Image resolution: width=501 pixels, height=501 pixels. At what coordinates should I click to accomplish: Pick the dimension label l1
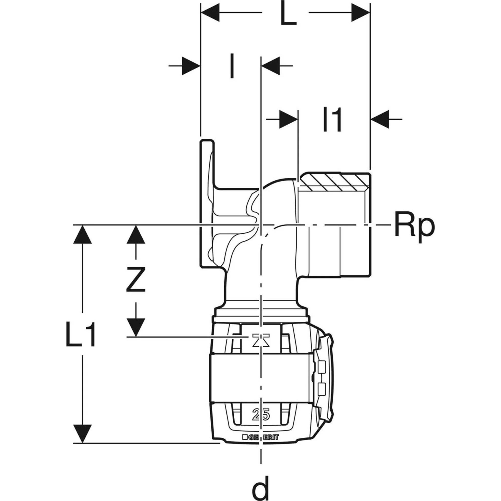[x=332, y=120]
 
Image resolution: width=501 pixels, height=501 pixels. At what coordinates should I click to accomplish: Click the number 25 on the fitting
[x=261, y=415]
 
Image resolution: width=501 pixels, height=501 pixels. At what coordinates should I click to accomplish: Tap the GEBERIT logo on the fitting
[x=260, y=438]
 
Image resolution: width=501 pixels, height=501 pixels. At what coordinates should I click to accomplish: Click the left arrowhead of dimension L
[x=210, y=13]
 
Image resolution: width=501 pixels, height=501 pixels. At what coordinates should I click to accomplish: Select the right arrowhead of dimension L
[x=360, y=13]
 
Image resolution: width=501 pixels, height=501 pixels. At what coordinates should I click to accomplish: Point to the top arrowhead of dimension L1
[x=82, y=235]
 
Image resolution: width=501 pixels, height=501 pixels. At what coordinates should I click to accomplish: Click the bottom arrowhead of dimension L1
[x=82, y=433]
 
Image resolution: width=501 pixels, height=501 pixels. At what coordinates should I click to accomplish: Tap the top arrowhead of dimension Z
[x=136, y=235]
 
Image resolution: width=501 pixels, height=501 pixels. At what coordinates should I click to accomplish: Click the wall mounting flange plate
[x=207, y=204]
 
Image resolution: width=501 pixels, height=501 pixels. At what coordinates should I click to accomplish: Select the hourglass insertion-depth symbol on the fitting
[x=261, y=340]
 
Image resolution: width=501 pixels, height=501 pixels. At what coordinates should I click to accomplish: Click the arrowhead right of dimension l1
[x=380, y=119]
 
